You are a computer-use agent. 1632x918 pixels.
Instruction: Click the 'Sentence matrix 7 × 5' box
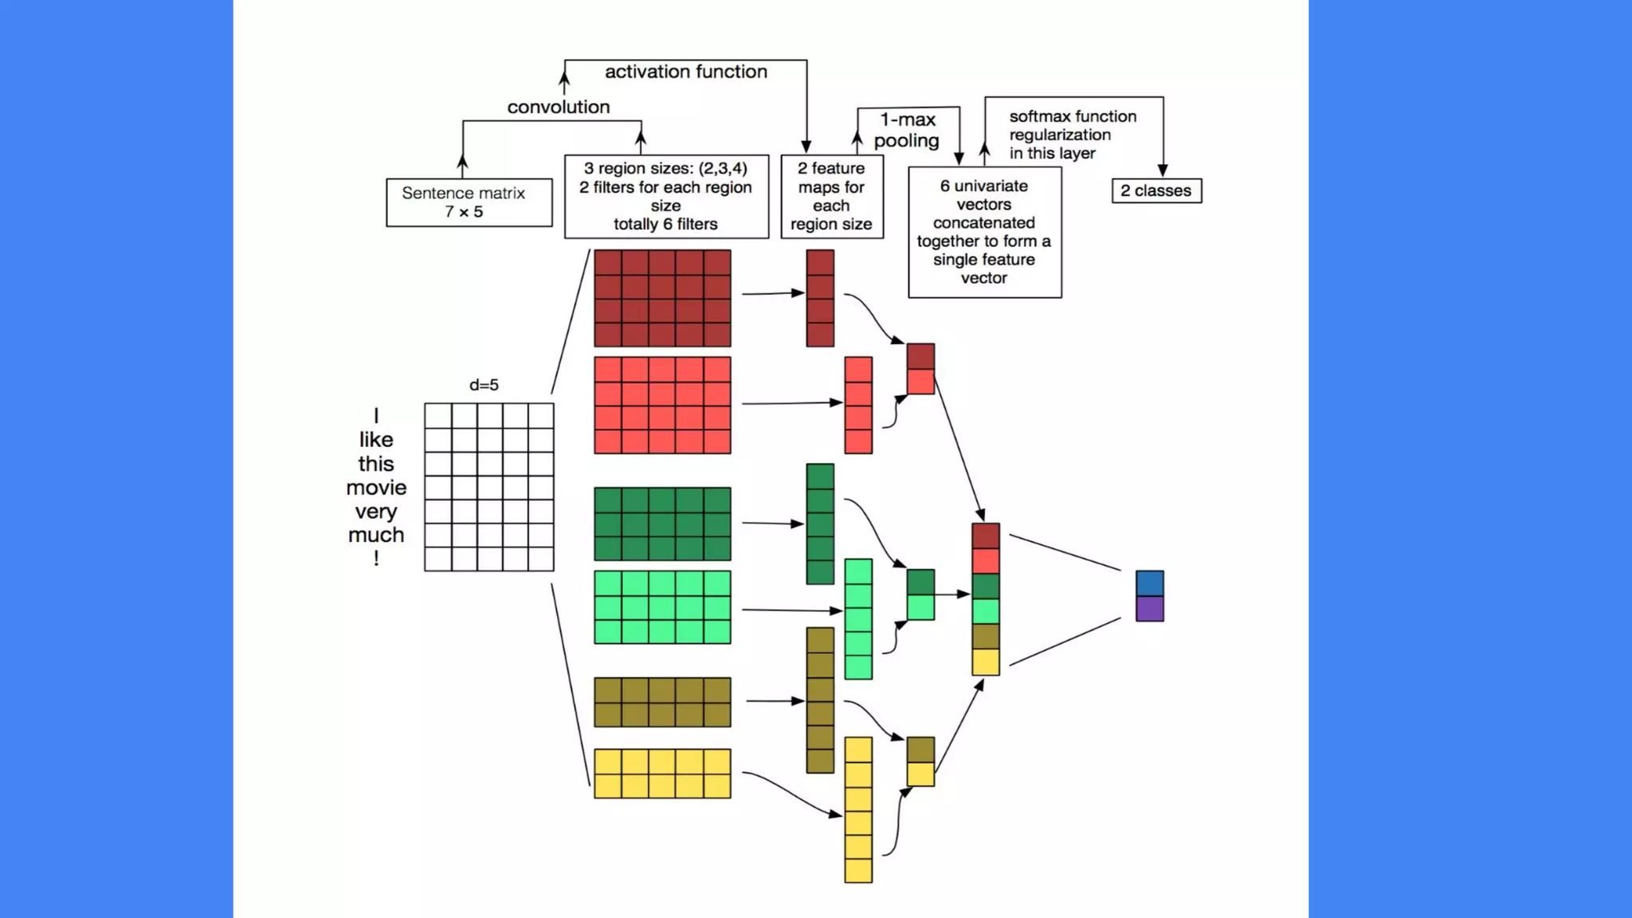tap(469, 202)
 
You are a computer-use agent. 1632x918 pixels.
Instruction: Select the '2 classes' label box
tap(1156, 191)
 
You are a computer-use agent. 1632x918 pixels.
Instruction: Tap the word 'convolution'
tap(558, 107)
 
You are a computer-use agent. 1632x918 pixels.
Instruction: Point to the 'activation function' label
tap(685, 72)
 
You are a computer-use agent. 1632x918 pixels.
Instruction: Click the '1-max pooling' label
tap(907, 130)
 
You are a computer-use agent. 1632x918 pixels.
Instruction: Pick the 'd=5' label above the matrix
tap(484, 385)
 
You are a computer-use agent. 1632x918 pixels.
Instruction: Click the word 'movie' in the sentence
tap(376, 487)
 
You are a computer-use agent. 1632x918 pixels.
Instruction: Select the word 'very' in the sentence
tap(376, 511)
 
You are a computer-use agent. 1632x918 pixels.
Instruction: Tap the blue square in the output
tap(1149, 583)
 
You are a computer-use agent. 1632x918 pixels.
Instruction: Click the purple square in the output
tap(1149, 609)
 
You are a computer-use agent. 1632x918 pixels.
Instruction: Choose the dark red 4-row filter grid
tap(662, 298)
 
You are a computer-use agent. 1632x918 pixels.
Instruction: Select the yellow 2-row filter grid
tap(662, 773)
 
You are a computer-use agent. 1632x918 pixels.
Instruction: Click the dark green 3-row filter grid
tap(662, 524)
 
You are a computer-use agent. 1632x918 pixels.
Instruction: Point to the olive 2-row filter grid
tap(662, 702)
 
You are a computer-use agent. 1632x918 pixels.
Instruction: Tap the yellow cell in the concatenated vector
tap(986, 662)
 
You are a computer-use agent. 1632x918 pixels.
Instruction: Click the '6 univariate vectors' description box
tap(984, 231)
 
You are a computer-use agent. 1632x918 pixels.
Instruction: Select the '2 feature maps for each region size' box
tap(831, 196)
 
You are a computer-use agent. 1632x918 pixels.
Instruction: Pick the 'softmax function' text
tap(1073, 116)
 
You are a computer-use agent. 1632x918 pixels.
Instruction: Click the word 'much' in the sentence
tap(376, 535)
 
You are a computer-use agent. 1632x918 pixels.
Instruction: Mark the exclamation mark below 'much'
tap(376, 559)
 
